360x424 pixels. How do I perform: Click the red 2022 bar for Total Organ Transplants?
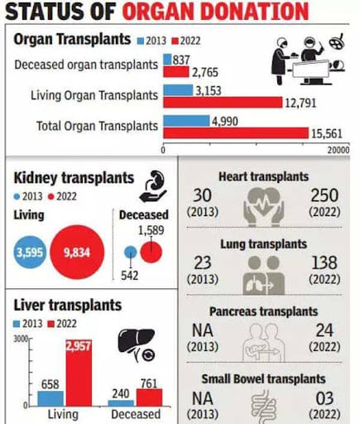236,132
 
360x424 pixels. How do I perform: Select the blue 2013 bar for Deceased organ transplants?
167,60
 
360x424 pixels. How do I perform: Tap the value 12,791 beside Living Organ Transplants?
300,103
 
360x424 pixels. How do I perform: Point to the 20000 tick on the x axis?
338,150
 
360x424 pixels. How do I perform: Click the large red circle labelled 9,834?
77,252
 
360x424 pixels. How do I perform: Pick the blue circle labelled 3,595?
30,252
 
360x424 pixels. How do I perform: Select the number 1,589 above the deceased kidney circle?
151,230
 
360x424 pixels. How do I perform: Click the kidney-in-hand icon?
153,187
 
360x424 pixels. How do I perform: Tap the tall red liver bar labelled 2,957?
79,373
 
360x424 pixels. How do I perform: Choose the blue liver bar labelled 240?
121,403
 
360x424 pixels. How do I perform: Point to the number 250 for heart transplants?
324,195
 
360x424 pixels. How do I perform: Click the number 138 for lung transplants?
324,263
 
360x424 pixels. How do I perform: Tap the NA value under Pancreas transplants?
203,330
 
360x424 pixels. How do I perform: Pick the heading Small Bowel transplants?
263,378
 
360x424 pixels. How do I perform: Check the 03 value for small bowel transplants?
324,398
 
